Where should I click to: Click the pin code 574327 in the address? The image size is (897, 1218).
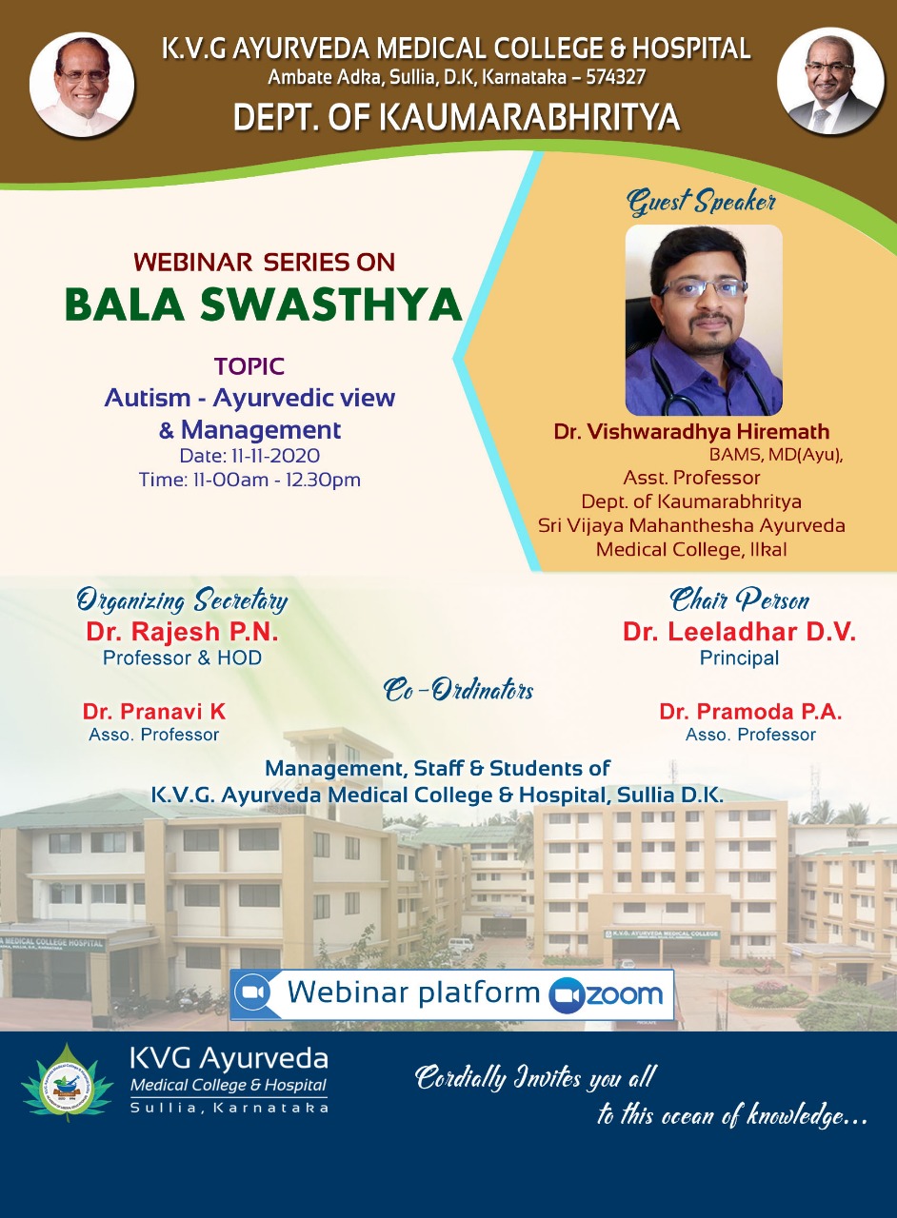(x=615, y=77)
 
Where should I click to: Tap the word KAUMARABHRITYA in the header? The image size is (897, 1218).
(x=529, y=117)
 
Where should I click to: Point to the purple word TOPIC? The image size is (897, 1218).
(x=249, y=366)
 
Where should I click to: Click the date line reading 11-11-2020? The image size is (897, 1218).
(x=249, y=456)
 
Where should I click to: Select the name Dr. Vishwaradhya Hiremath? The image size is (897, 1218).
(x=692, y=431)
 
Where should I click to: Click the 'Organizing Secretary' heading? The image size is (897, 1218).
(x=182, y=600)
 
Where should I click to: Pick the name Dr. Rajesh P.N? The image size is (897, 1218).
(x=182, y=631)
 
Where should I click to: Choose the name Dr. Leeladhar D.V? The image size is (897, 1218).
(x=739, y=631)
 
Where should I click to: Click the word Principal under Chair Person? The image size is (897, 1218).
(x=739, y=658)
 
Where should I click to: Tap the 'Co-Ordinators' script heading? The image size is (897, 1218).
(x=458, y=690)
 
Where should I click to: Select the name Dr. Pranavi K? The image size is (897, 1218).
(x=154, y=711)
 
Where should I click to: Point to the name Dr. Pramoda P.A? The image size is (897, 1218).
(x=750, y=711)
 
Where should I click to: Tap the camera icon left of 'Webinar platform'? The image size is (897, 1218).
(x=252, y=992)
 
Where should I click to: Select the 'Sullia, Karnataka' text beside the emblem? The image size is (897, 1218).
(x=229, y=1108)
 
